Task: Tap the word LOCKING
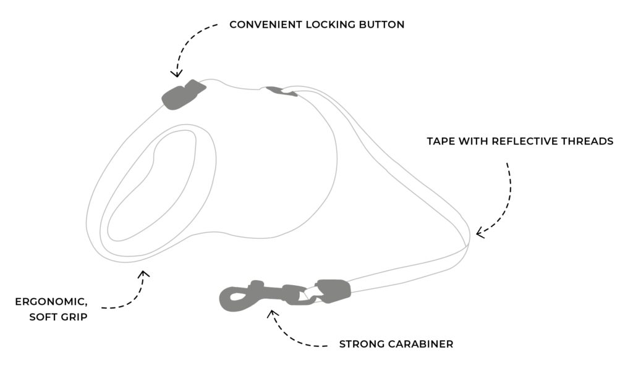point(323,25)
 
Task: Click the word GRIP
point(75,317)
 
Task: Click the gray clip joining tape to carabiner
point(334,291)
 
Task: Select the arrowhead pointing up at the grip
point(143,273)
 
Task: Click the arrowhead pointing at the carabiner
point(271,314)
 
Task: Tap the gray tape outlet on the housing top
point(282,92)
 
